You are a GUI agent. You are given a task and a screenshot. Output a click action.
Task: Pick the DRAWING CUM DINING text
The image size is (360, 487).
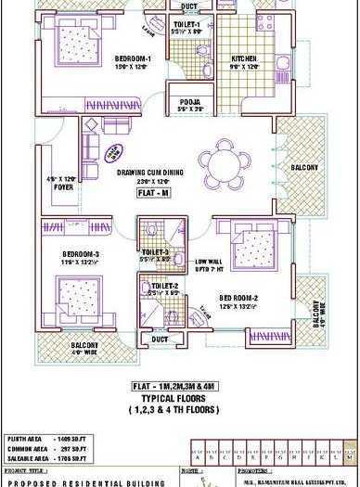pos(153,173)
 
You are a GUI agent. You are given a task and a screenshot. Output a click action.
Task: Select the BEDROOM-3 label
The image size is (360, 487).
pos(83,254)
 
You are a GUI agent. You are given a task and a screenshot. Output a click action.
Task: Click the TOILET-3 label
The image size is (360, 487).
pos(155,251)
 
